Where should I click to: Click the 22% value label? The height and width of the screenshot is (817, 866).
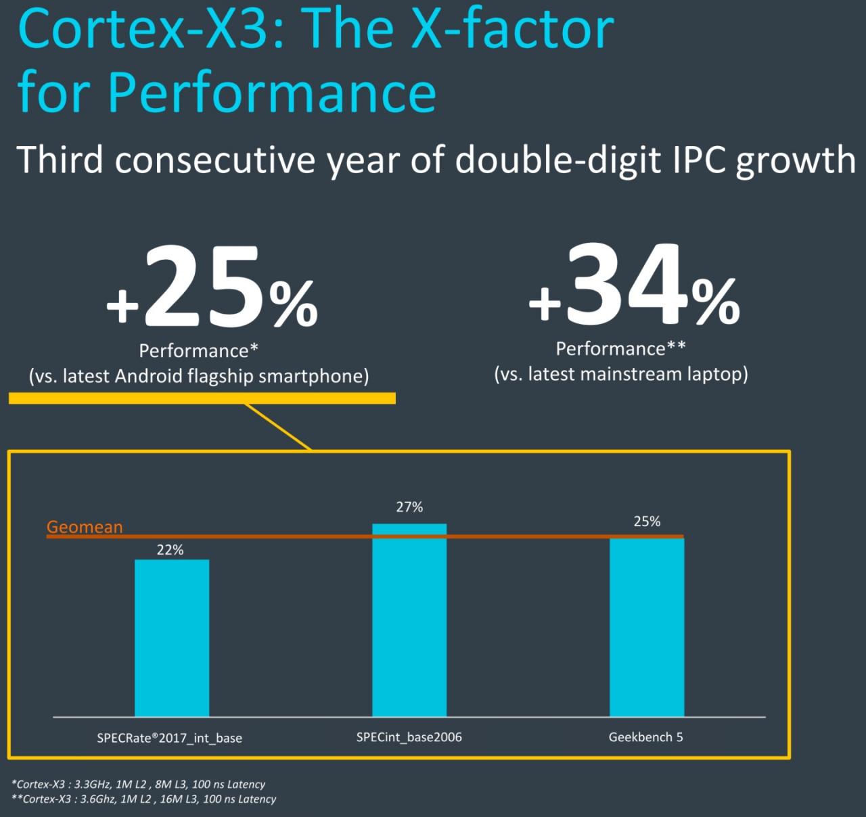tap(170, 550)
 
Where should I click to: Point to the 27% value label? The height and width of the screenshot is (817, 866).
tap(409, 507)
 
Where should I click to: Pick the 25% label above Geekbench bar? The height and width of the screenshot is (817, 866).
tap(647, 521)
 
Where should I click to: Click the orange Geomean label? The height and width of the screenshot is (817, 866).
tap(85, 527)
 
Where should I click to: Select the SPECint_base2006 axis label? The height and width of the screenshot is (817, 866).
tap(409, 737)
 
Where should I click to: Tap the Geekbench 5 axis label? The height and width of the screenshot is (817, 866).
tap(646, 737)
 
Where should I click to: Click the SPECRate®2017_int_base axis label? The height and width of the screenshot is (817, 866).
tap(169, 738)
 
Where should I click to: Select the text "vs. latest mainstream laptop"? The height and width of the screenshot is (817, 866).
tap(621, 374)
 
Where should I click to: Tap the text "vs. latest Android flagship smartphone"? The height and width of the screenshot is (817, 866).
tap(199, 376)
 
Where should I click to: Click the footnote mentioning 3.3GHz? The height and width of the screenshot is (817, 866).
tap(139, 785)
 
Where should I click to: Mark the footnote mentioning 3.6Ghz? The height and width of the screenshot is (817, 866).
tap(144, 799)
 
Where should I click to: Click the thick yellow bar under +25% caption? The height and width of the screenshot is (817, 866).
tap(202, 398)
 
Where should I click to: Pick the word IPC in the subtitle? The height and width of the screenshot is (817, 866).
tap(692, 160)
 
